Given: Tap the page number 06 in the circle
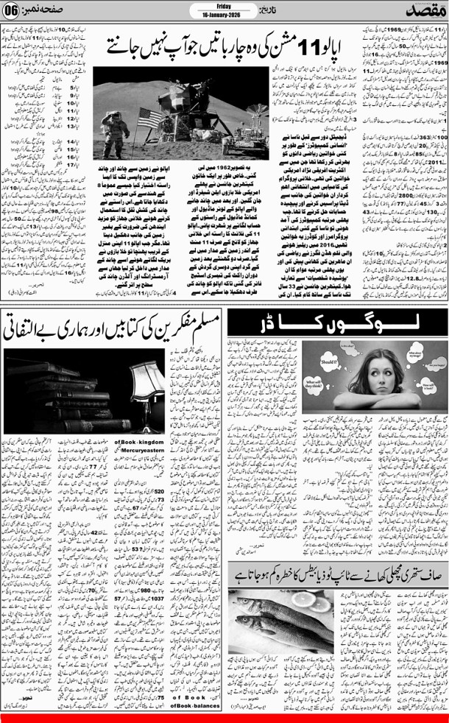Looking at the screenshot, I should (x=12, y=10).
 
